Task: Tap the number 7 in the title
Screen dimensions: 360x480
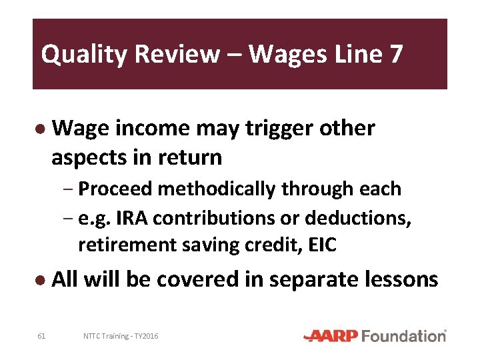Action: (x=395, y=53)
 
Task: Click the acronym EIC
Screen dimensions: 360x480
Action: (x=322, y=245)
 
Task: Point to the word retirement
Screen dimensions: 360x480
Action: (x=125, y=245)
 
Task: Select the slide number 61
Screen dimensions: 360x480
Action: (x=41, y=336)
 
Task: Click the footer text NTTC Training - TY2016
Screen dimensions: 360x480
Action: (x=121, y=336)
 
